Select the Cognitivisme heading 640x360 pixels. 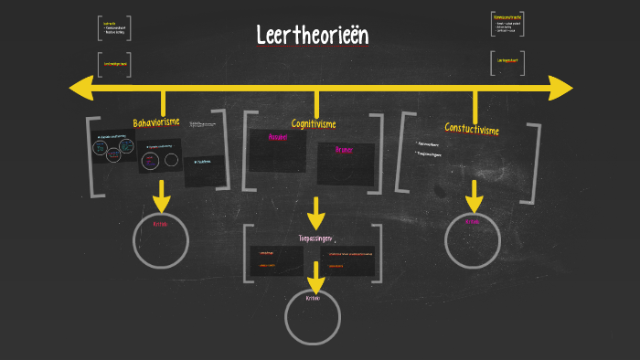tap(314, 123)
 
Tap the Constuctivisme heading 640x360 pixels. tap(472, 129)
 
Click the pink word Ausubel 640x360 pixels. tap(277, 137)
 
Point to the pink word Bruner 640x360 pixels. tap(344, 149)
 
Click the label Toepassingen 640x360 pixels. tap(314, 238)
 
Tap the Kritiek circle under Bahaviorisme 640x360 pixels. tap(161, 239)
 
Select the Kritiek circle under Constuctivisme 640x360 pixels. tap(473, 239)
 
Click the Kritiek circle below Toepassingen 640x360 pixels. tap(313, 315)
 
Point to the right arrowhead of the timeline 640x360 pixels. tap(560, 88)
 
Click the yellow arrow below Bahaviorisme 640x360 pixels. tap(162, 196)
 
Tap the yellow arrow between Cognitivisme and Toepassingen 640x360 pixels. tap(315, 213)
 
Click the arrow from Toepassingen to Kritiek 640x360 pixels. tap(315, 278)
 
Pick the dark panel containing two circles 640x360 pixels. tap(160, 156)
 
